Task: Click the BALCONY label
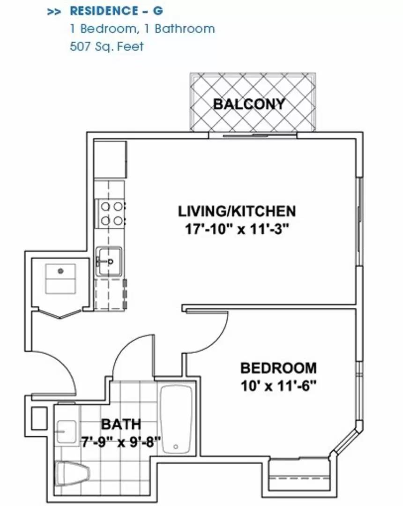[x=249, y=104]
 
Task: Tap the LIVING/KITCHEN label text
[x=237, y=211]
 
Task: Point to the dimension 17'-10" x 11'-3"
[x=237, y=230]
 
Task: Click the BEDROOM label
[x=278, y=368]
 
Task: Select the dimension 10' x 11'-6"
[x=278, y=385]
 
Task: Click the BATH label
[x=121, y=424]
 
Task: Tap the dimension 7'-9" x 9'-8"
[x=121, y=441]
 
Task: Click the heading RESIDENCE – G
[x=117, y=11]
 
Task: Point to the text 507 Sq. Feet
[x=106, y=46]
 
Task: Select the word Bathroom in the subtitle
[x=185, y=29]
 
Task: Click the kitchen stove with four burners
[x=110, y=214]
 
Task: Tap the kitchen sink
[x=109, y=261]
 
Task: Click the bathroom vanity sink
[x=67, y=432]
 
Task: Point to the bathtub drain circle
[x=176, y=447]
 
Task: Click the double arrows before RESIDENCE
[x=54, y=12]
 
